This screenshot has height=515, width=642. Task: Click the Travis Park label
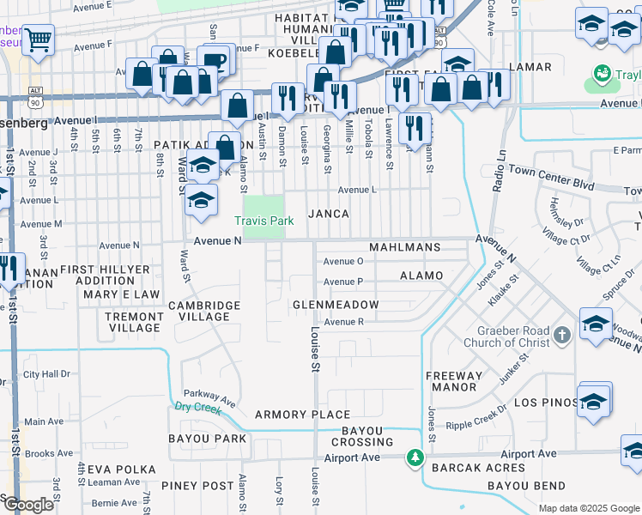[x=264, y=221]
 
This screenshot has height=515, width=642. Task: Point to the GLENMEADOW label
[x=336, y=305]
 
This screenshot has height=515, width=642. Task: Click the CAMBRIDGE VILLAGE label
[x=204, y=311]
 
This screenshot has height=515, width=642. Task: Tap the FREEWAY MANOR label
[x=454, y=381]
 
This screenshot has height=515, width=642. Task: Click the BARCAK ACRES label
[x=478, y=468]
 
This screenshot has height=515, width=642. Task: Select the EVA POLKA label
[x=121, y=470]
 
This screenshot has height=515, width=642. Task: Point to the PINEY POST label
[x=203, y=486]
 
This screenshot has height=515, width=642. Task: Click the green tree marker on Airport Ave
[x=415, y=457]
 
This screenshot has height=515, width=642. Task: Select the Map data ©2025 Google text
[x=588, y=508]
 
